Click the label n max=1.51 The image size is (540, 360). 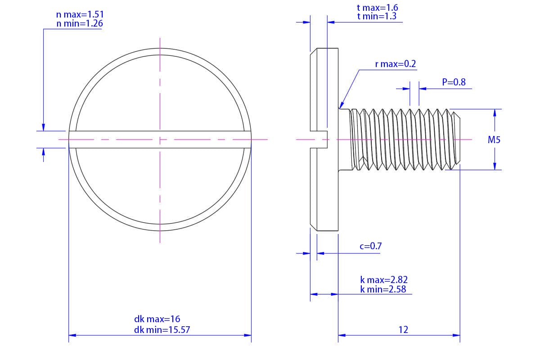click(x=80, y=14)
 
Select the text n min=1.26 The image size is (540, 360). click(x=80, y=24)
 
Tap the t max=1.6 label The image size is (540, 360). click(x=377, y=8)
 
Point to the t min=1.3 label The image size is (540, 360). click(x=377, y=16)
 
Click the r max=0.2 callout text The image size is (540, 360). click(x=396, y=64)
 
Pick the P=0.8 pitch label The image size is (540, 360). click(x=454, y=82)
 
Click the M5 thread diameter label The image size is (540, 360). click(x=494, y=140)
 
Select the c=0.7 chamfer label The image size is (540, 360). click(x=371, y=246)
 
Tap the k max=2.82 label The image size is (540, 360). click(x=384, y=280)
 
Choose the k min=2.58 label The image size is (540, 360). click(x=383, y=289)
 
